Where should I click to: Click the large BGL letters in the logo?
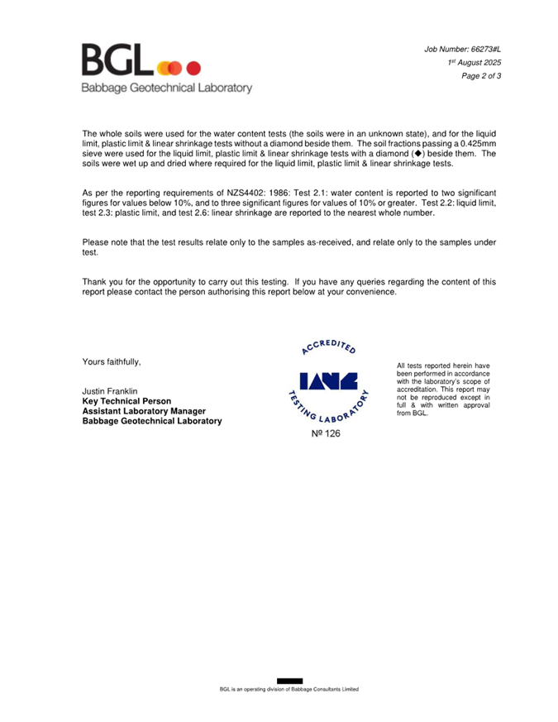point(117,61)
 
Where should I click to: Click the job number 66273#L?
point(480,50)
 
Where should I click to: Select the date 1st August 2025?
point(475,63)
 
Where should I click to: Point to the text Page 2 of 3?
point(481,76)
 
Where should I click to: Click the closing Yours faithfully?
point(112,361)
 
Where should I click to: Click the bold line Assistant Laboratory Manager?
point(143,411)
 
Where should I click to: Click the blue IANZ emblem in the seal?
point(328,383)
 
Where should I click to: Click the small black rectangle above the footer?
point(289,681)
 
